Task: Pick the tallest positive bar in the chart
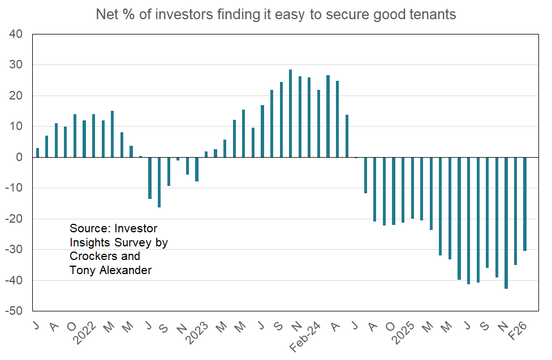[290, 113]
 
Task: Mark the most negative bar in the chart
[506, 223]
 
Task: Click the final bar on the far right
[525, 204]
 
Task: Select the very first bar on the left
[37, 153]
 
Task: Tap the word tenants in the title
[432, 15]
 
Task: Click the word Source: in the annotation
[90, 229]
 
